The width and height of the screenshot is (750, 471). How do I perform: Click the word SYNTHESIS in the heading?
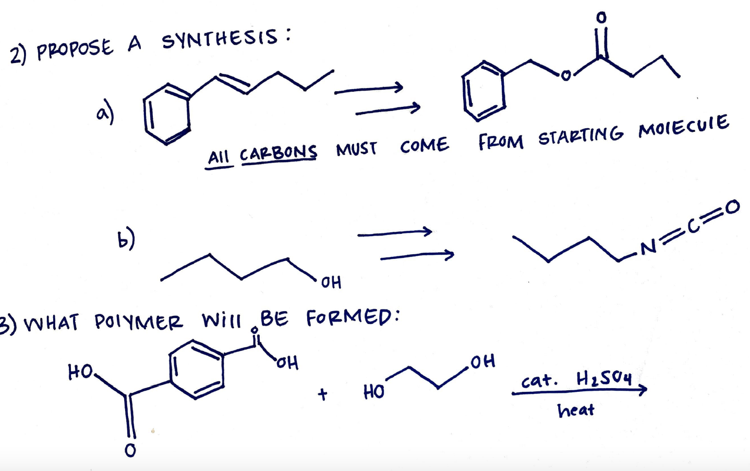coord(220,38)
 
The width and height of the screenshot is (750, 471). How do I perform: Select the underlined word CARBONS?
coord(278,153)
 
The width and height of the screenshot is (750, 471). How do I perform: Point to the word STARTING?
coord(580,135)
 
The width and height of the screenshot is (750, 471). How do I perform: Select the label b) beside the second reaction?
coord(126,239)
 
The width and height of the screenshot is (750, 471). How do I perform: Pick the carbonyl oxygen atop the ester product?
coord(601,18)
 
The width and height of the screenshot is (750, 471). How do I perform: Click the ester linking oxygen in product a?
coord(564,77)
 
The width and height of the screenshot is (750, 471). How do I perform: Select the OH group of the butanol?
coord(331,282)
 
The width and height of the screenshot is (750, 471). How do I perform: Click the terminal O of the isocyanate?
coord(732,207)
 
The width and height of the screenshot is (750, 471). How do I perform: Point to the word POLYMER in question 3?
coord(138,322)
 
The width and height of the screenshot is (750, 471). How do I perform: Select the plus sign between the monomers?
coord(323,394)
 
